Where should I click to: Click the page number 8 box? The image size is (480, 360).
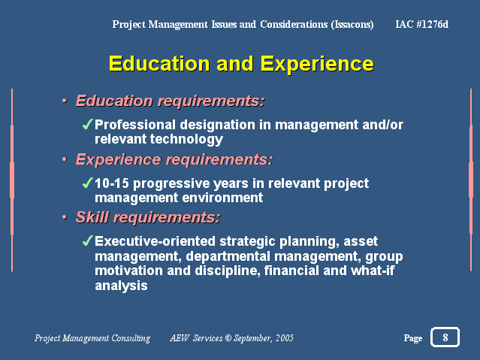445,337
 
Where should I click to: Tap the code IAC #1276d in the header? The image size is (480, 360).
422,24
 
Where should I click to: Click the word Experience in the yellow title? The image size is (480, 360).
317,64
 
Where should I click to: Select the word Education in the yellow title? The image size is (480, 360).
159,63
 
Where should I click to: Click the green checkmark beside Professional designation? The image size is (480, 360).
88,124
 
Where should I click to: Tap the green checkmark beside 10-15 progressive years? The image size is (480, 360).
88,183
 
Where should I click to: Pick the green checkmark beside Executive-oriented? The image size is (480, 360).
88,241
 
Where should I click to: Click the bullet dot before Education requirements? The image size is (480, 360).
65,101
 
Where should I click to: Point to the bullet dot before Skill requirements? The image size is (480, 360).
65,217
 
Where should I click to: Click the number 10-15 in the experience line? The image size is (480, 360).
112,183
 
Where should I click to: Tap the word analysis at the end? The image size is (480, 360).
121,286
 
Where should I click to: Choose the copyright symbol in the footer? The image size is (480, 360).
228,338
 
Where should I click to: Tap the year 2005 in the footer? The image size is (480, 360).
285,338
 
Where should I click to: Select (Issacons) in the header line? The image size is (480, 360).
352,24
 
